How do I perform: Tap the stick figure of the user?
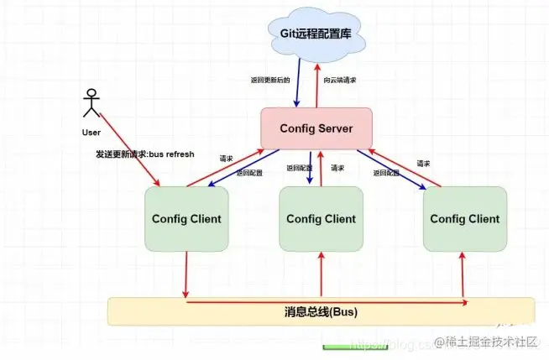pyautogui.click(x=91, y=104)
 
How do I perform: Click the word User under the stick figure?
pyautogui.click(x=91, y=133)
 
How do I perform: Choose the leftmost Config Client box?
pyautogui.click(x=186, y=219)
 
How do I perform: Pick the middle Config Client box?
pyautogui.click(x=321, y=219)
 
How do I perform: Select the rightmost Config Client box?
pyautogui.click(x=464, y=219)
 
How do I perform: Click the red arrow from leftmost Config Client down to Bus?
pyautogui.click(x=186, y=273)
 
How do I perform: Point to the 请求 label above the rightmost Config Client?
pyautogui.click(x=425, y=163)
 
